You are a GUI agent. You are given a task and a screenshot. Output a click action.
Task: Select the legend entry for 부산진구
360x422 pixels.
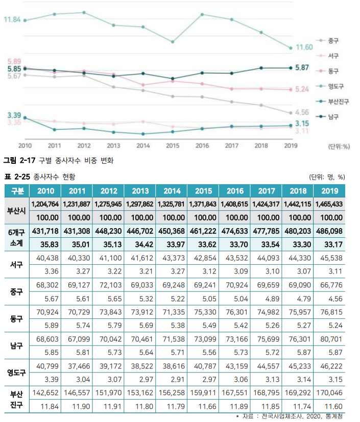click(x=338, y=101)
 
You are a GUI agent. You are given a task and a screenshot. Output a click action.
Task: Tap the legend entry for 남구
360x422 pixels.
click(x=332, y=116)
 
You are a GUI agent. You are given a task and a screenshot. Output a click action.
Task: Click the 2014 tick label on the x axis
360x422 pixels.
click(x=143, y=145)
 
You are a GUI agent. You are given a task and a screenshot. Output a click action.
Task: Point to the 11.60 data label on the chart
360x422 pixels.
click(x=304, y=47)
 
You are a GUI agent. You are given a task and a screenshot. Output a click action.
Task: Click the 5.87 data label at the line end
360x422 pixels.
click(x=302, y=67)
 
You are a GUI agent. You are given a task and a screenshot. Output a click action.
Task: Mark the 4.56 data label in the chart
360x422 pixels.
click(x=302, y=112)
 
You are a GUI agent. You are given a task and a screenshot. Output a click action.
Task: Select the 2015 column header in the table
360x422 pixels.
click(x=203, y=191)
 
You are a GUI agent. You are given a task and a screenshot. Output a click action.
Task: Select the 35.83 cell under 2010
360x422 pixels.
click(x=45, y=244)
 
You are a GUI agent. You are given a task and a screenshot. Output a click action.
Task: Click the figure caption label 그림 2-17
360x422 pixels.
click(x=19, y=160)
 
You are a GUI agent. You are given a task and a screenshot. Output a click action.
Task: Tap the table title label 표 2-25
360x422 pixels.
click(x=17, y=177)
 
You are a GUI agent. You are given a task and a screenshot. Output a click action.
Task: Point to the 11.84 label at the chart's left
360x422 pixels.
click(x=12, y=19)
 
